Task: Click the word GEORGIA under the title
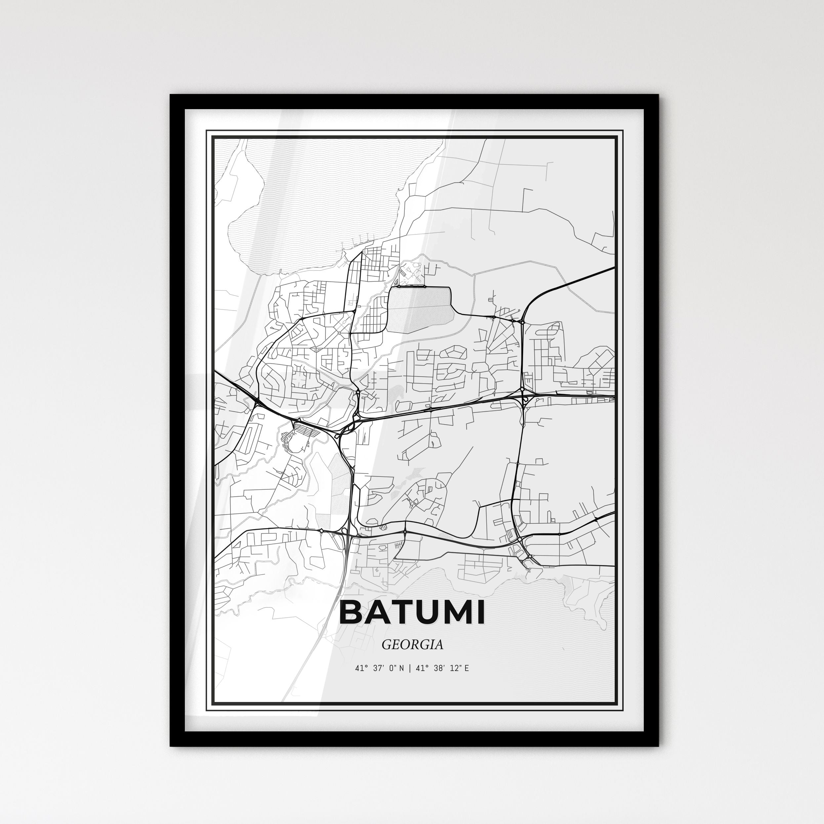coord(412,644)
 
